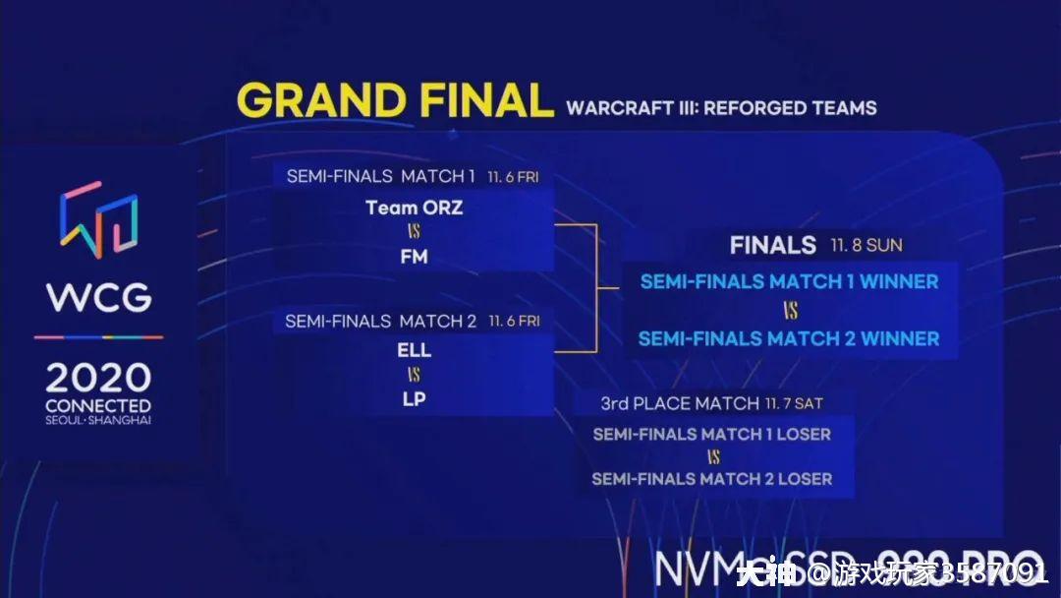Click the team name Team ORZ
(x=414, y=208)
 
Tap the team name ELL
(x=414, y=350)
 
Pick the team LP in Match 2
(x=414, y=399)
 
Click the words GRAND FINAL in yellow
(x=395, y=101)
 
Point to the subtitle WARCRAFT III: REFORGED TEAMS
(x=721, y=108)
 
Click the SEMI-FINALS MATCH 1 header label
(x=381, y=177)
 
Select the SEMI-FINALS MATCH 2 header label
(x=380, y=322)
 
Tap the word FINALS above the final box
(x=773, y=245)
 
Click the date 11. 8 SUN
(x=866, y=245)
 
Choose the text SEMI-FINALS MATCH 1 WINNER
(x=789, y=282)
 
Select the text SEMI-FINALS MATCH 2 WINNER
(x=789, y=338)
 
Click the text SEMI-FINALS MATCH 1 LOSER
(x=712, y=434)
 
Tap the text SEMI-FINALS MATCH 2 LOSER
(x=712, y=479)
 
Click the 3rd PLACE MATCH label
(x=680, y=403)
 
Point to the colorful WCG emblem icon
(x=98, y=218)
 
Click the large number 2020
(x=98, y=379)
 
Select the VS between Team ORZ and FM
(x=414, y=233)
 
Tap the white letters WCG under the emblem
(x=98, y=297)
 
